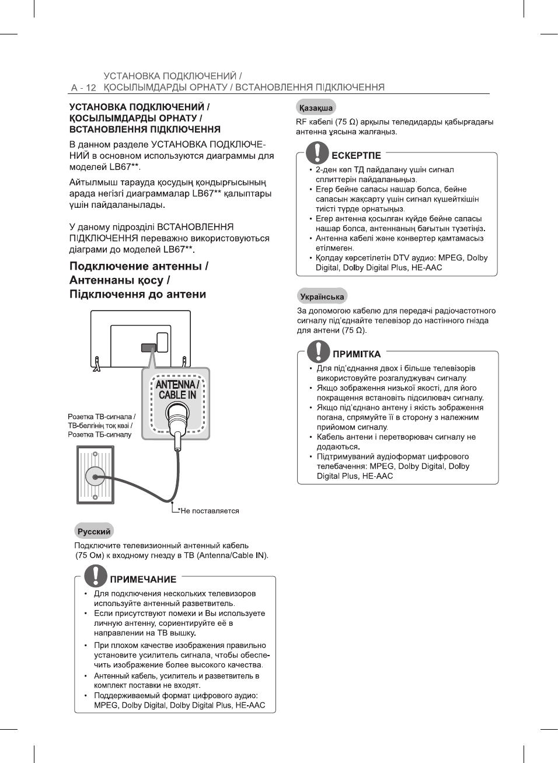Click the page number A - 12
click(x=83, y=88)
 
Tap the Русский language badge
click(x=94, y=531)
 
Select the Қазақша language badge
click(x=316, y=108)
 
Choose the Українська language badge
click(x=322, y=297)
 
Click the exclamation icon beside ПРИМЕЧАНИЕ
click(x=95, y=576)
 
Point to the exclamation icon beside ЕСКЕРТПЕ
click(x=317, y=152)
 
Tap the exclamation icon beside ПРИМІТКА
click(x=318, y=351)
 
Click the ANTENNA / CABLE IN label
click(x=177, y=389)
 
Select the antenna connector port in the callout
click(x=177, y=417)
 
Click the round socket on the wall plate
click(x=95, y=476)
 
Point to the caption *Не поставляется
click(x=208, y=511)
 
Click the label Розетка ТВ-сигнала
click(x=102, y=417)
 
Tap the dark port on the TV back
click(x=148, y=348)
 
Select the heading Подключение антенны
click(x=139, y=266)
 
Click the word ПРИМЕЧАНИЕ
click(x=143, y=579)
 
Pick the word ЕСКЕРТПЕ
click(x=356, y=156)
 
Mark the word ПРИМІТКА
click(x=357, y=354)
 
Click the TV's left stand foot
click(x=97, y=364)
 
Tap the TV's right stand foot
click(x=186, y=363)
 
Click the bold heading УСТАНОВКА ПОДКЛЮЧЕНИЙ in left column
click(x=139, y=107)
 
